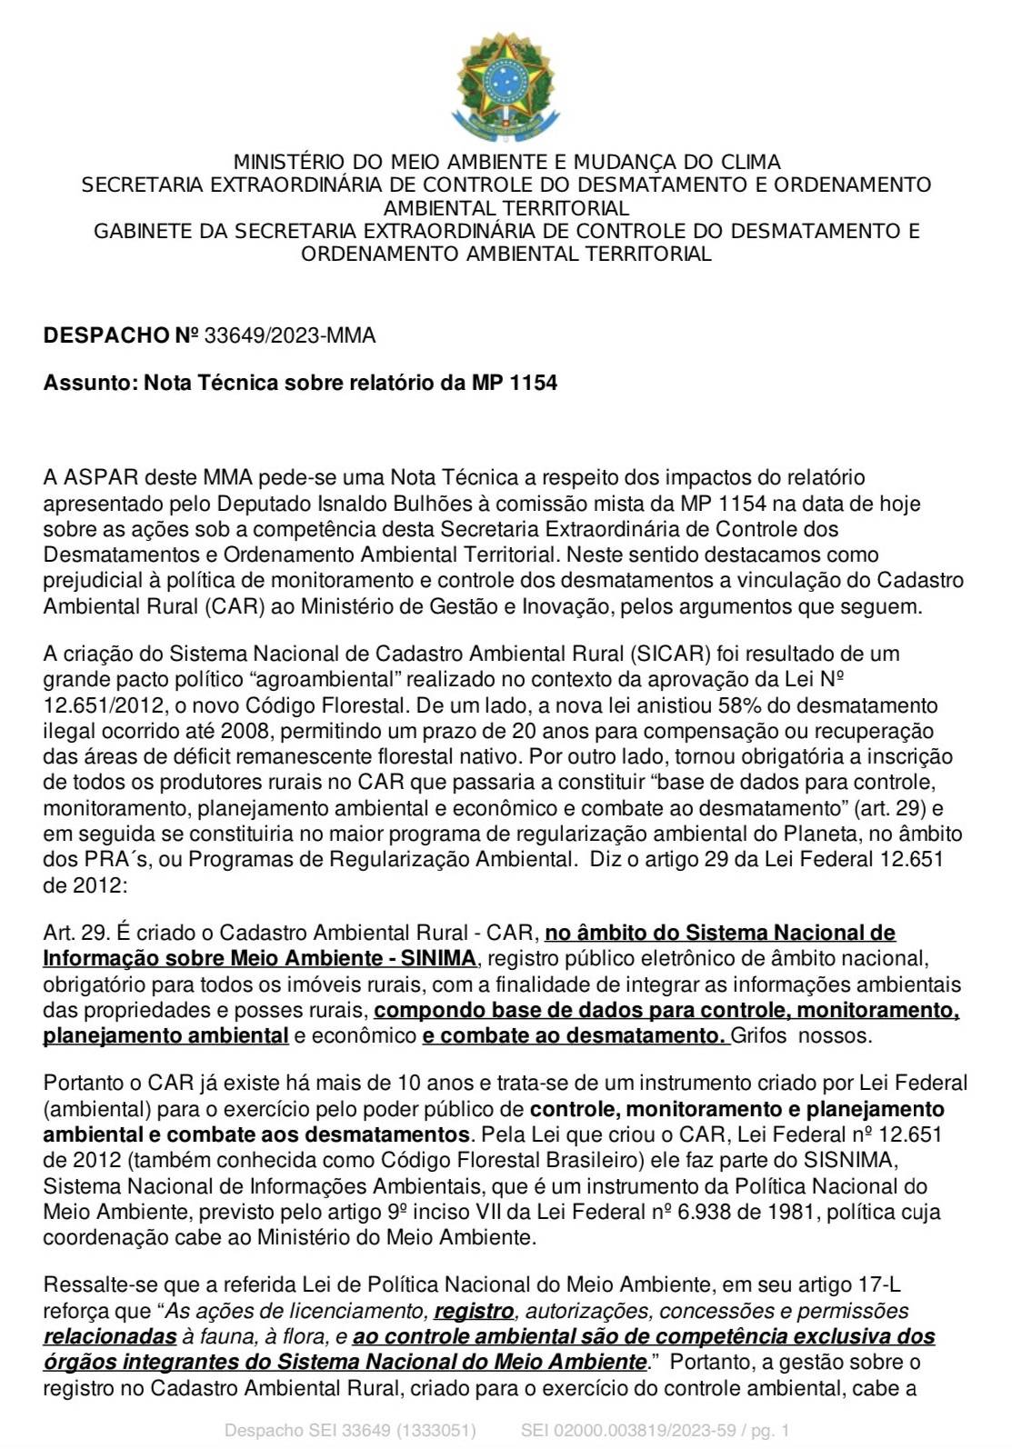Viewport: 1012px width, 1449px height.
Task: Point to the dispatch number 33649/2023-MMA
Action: [x=290, y=335]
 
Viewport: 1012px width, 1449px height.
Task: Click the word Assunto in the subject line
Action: [x=87, y=383]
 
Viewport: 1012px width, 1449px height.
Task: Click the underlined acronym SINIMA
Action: [x=440, y=958]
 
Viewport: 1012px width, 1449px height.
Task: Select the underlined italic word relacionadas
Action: [x=110, y=1336]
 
